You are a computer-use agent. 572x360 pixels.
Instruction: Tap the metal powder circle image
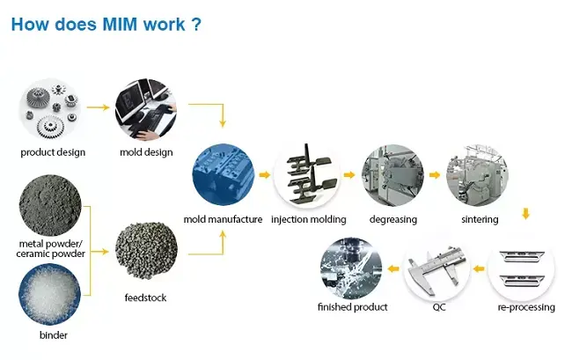tap(50, 204)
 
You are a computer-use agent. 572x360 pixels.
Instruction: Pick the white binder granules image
tap(50, 296)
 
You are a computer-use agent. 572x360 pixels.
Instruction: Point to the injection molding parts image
tap(307, 174)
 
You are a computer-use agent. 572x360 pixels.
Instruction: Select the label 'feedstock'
tap(145, 298)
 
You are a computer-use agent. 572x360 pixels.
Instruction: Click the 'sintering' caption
tap(480, 219)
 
